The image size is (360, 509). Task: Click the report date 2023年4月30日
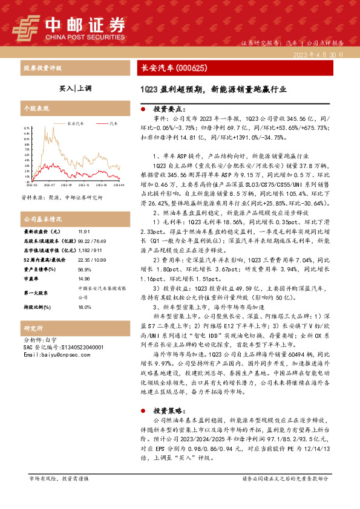(x=321, y=54)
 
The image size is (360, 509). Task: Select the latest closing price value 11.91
(x=83, y=232)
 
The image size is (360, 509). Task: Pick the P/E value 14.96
(x=83, y=279)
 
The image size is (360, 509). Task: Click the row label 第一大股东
(x=36, y=293)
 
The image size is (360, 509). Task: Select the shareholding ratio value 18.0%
(x=84, y=306)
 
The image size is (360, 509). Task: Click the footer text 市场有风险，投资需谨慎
(x=59, y=495)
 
